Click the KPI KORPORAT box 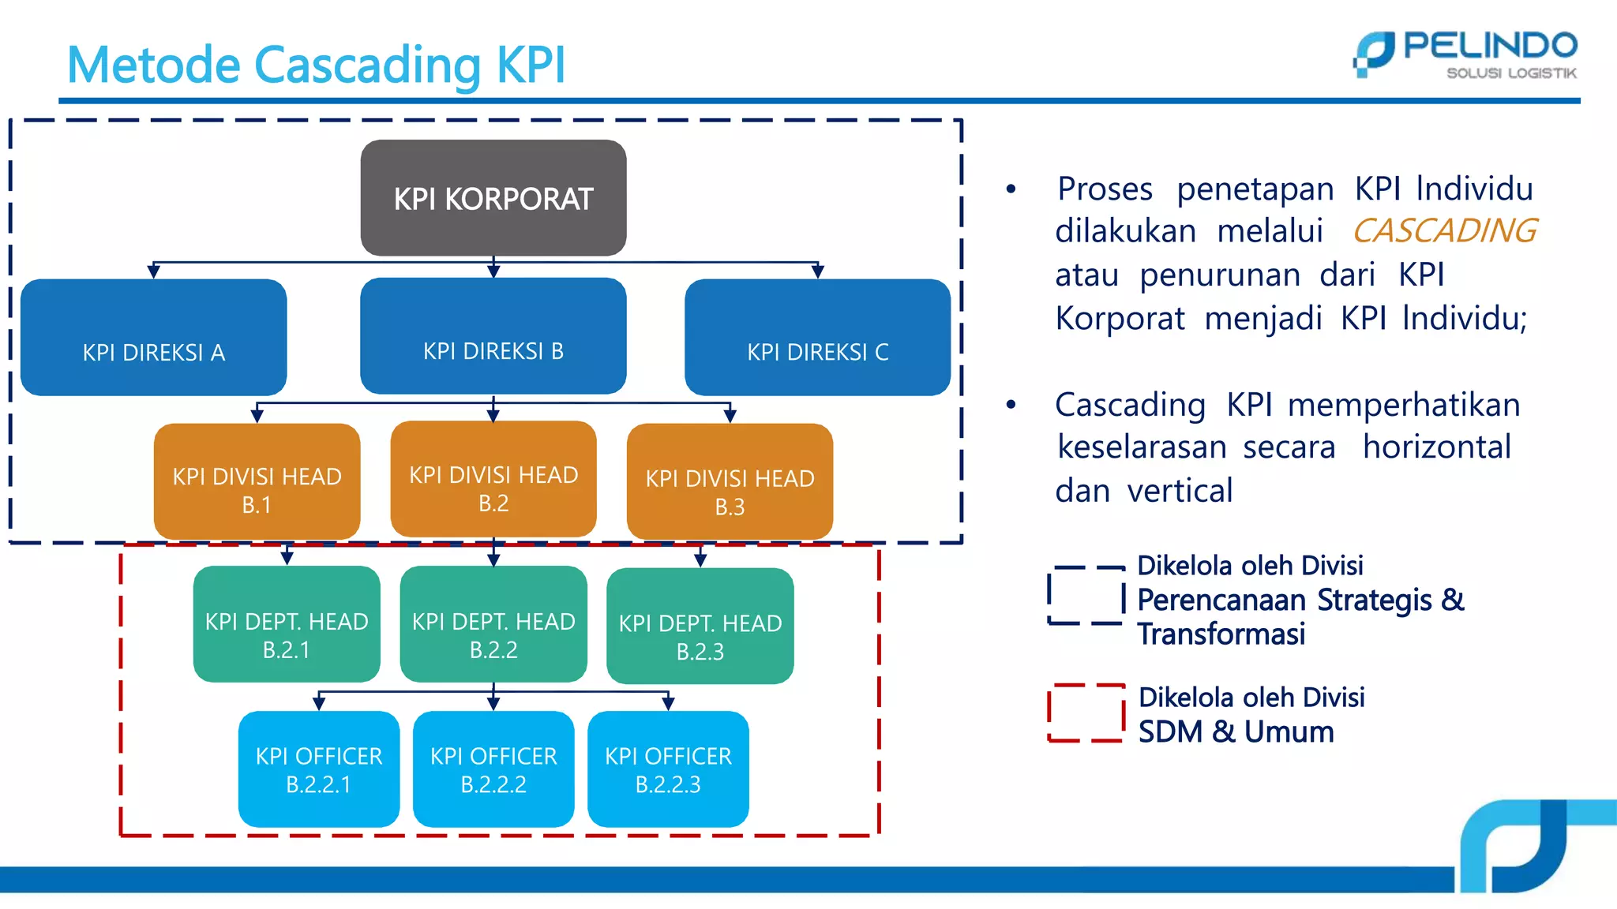[x=493, y=198]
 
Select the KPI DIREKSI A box [x=154, y=338]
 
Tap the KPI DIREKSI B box [x=493, y=336]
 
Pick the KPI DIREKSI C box [x=817, y=338]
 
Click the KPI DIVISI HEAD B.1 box [x=257, y=481]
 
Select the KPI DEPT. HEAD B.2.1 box [x=287, y=624]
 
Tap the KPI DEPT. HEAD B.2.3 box [x=700, y=627]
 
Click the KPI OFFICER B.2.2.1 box [x=319, y=769]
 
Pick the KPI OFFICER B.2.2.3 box [x=668, y=769]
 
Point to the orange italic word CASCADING [x=1444, y=231]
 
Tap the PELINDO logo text [x=1489, y=47]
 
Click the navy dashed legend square [x=1086, y=596]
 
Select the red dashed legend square [x=1086, y=713]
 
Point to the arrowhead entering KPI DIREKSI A [x=154, y=271]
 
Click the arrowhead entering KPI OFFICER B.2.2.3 [x=668, y=703]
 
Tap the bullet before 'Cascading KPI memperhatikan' [x=1011, y=405]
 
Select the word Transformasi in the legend [x=1221, y=634]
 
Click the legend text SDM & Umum [x=1236, y=732]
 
